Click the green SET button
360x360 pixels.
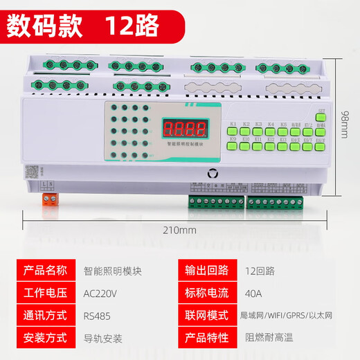tap(321, 117)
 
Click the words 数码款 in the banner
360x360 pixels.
tap(46, 26)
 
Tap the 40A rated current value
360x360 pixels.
tap(254, 292)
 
